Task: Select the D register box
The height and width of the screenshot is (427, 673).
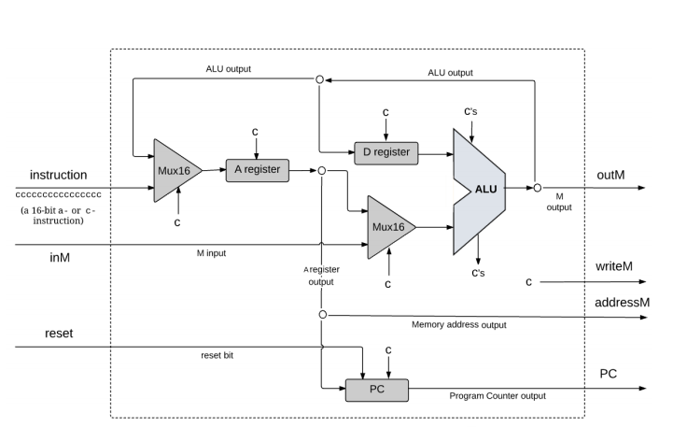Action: coord(386,150)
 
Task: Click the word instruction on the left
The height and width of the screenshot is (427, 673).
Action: coord(58,175)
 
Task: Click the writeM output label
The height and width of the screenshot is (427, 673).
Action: coord(614,266)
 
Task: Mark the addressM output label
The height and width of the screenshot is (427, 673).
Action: coord(621,303)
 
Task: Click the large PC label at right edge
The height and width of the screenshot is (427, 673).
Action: coord(607,374)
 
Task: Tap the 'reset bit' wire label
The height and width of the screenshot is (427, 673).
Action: coord(217,354)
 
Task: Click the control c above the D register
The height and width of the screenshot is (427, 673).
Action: coord(386,113)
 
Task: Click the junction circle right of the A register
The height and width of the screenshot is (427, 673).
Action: coord(320,171)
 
